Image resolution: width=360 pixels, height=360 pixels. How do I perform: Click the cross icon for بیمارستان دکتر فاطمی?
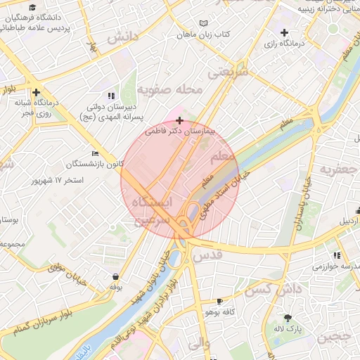click(180, 120)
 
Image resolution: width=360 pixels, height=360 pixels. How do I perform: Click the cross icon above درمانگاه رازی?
click(284, 32)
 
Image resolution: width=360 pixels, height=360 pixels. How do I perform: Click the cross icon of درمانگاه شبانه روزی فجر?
click(35, 92)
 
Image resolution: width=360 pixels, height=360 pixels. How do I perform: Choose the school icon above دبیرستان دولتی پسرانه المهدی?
click(111, 95)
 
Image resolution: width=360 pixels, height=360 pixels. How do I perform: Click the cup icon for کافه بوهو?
click(221, 300)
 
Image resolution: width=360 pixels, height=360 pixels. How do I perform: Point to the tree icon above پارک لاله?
click(287, 317)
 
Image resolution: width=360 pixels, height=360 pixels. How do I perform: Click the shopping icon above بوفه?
click(115, 276)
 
